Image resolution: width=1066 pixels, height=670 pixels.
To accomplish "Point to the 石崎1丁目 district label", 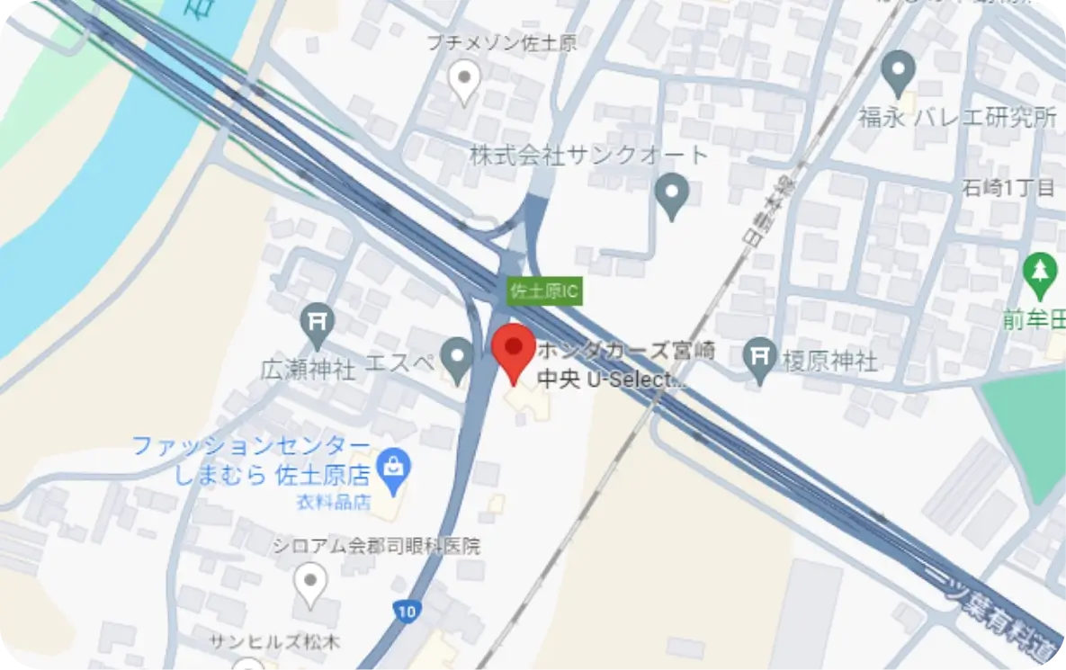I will pos(1008,188).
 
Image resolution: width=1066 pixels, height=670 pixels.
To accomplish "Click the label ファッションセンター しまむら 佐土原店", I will pos(252,460).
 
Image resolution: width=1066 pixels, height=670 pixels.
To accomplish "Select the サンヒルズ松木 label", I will pos(263,642).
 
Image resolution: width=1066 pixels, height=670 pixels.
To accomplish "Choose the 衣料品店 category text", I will pos(333,503).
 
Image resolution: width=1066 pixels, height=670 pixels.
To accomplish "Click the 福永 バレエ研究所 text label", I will pos(956,118).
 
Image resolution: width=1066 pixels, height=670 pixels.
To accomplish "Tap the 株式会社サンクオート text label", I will pos(589,156).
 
